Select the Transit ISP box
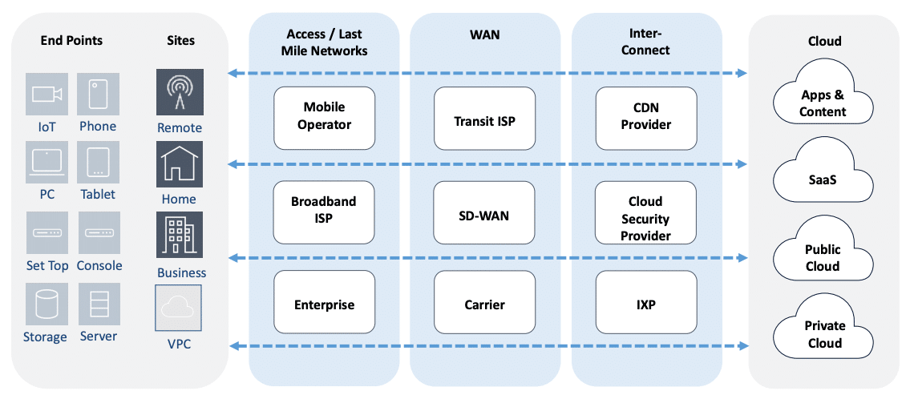coord(484,119)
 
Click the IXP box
coord(645,303)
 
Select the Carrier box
coord(484,303)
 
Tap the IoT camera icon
coord(47,94)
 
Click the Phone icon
coord(98,94)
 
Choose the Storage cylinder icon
coord(47,304)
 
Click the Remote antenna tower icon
coord(180,92)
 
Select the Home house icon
coord(180,164)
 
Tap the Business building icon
coord(180,236)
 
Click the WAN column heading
coord(484,35)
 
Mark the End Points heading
coord(71,40)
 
